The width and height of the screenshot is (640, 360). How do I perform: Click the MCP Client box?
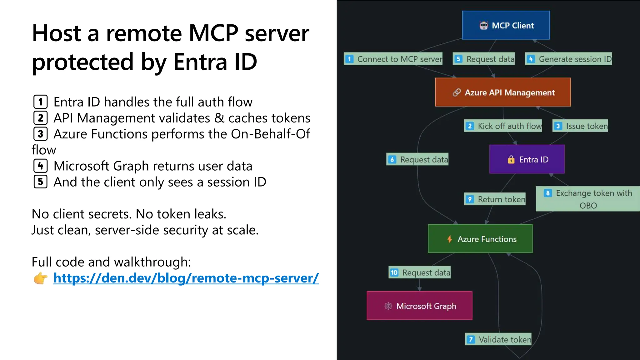point(506,25)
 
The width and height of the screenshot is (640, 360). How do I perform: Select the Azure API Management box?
point(503,92)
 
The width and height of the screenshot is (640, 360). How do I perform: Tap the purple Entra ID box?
point(527,159)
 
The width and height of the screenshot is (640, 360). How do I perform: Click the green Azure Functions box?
point(480,239)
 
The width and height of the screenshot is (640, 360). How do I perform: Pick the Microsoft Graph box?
point(419,306)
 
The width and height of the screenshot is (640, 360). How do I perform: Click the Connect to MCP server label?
point(393,59)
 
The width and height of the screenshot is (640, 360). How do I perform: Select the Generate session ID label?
point(569,59)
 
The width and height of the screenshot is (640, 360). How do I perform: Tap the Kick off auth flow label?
point(503,126)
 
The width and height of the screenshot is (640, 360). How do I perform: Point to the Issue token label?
point(580,126)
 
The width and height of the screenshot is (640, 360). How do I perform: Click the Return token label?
point(495,199)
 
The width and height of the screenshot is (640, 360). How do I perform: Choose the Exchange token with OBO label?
point(587,199)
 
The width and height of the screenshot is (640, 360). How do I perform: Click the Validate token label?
point(498,339)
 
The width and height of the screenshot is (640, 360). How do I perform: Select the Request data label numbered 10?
point(420,272)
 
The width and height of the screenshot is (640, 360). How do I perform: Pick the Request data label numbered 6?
point(417,159)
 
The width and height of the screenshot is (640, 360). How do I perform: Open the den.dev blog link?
point(186,278)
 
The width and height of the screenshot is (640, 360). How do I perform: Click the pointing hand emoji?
point(40,278)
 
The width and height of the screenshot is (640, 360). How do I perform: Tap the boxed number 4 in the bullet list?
point(41,166)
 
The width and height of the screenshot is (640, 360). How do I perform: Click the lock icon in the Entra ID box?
point(511,160)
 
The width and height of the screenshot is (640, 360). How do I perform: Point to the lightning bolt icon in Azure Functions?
point(449,239)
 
